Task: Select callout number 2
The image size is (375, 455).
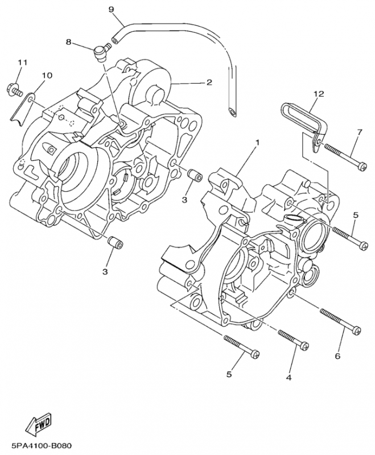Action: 209,82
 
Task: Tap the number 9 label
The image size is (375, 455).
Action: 111,10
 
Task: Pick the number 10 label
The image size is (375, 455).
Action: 47,75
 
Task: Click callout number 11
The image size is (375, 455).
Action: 22,61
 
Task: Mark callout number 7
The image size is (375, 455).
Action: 359,133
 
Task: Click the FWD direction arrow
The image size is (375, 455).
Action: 39,422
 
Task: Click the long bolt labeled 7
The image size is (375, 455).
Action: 345,157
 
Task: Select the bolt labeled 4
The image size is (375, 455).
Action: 294,339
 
